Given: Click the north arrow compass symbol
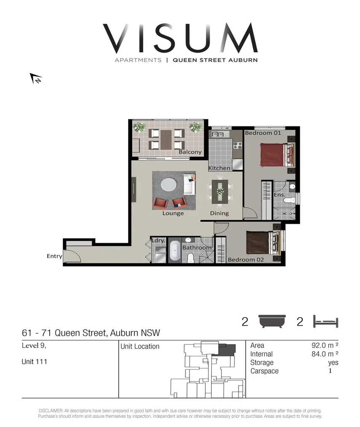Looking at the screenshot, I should tap(36, 78).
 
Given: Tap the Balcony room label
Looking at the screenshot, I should tap(190, 152).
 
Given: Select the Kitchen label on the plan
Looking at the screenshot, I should tap(219, 168).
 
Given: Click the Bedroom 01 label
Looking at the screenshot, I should tap(263, 133).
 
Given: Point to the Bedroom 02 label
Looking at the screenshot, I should tap(246, 260).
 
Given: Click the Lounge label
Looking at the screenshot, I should tap(173, 213).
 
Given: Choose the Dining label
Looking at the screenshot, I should tap(219, 213).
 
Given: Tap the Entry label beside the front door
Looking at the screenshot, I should tap(54, 256).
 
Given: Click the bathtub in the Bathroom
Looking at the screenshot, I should tap(175, 252).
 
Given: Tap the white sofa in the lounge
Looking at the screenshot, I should tap(189, 185).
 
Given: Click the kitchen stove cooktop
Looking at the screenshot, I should tap(237, 145).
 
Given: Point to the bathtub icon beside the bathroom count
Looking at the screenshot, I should tap(272, 322).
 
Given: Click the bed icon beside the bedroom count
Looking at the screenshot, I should tap(325, 322).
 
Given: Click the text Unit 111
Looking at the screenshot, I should tap(35, 362).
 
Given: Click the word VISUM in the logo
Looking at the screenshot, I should tap(180, 39).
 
